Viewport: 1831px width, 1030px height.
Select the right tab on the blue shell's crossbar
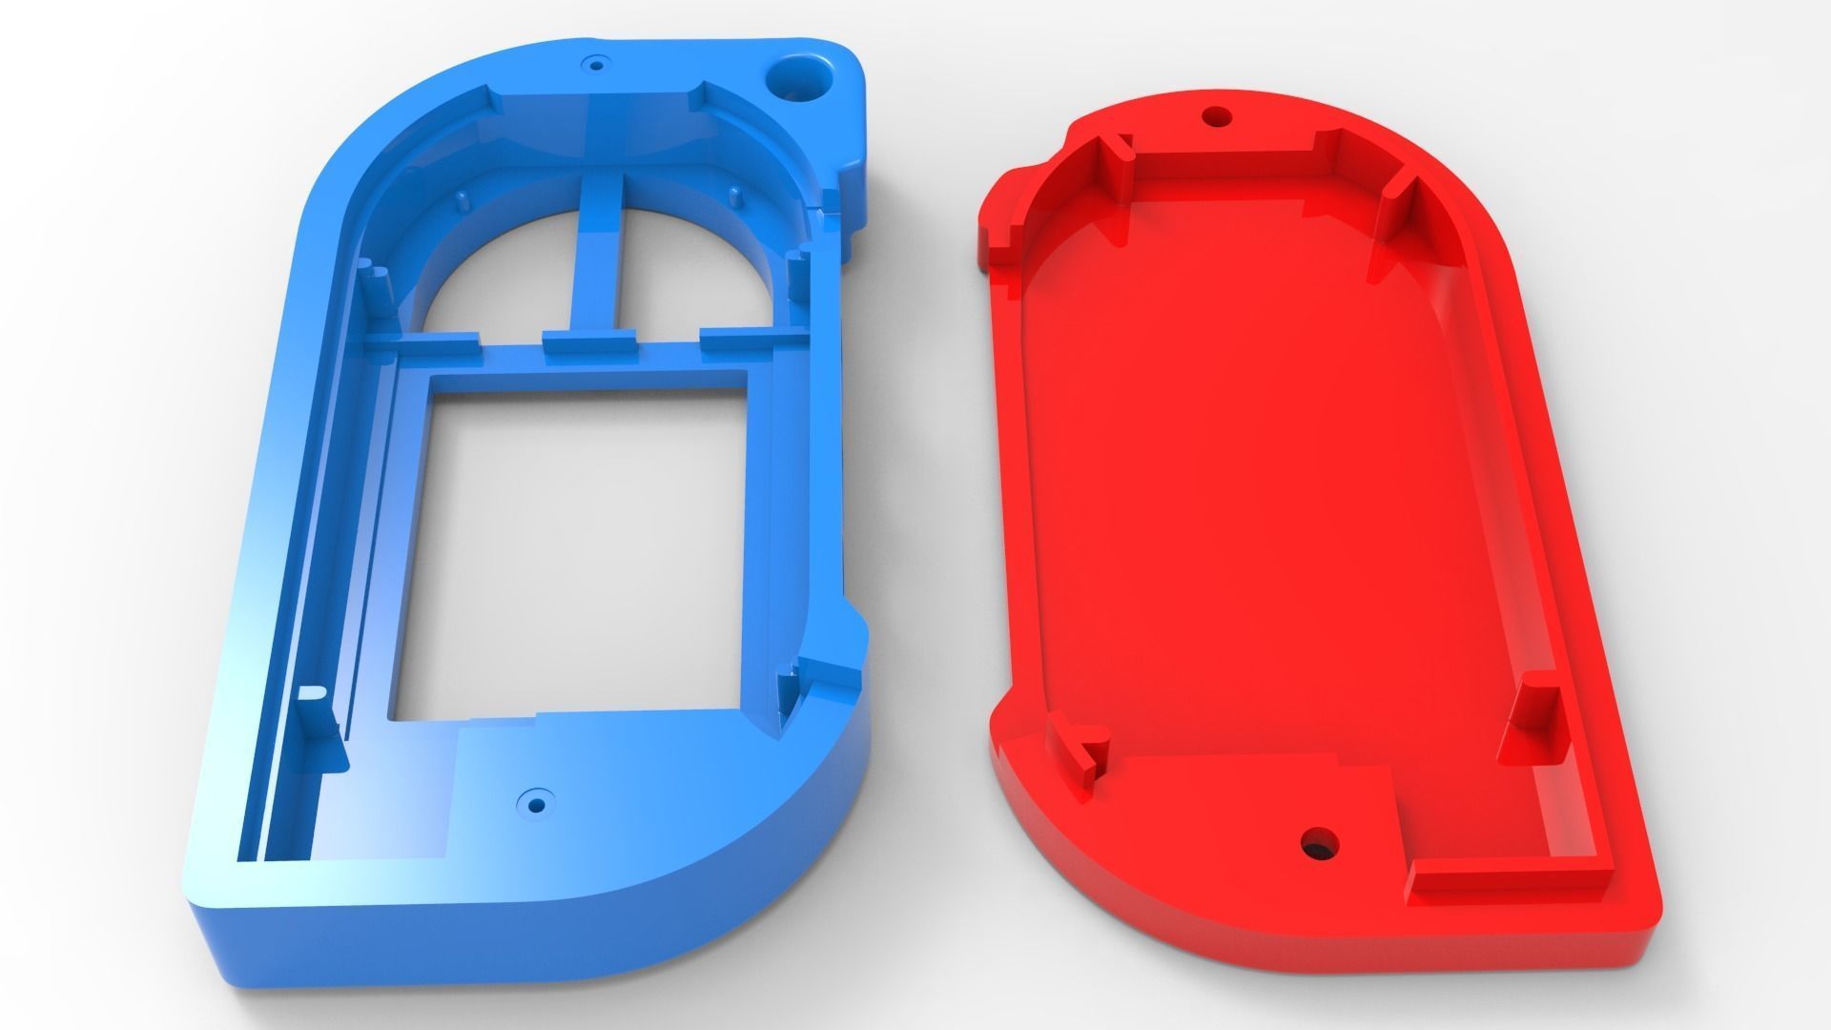coord(735,339)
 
